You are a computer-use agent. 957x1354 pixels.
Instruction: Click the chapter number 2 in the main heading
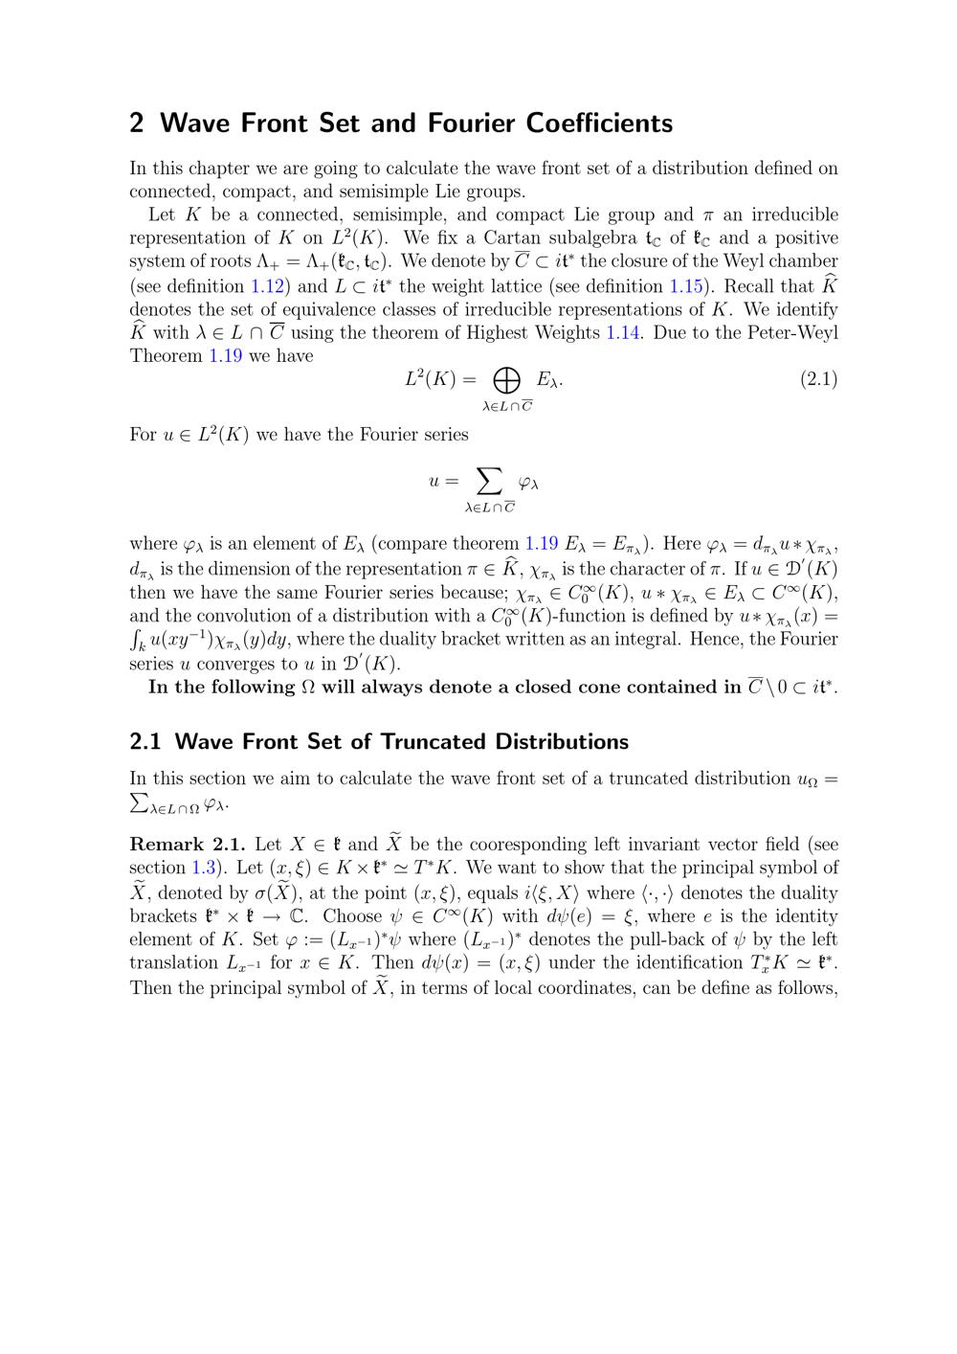(x=137, y=124)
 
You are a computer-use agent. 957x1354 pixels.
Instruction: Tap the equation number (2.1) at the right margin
(x=818, y=379)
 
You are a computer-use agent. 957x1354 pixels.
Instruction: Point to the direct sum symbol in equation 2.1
(x=506, y=381)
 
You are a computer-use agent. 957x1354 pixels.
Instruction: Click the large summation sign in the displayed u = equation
(x=489, y=481)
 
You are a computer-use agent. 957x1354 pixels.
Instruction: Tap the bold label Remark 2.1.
(x=188, y=844)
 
